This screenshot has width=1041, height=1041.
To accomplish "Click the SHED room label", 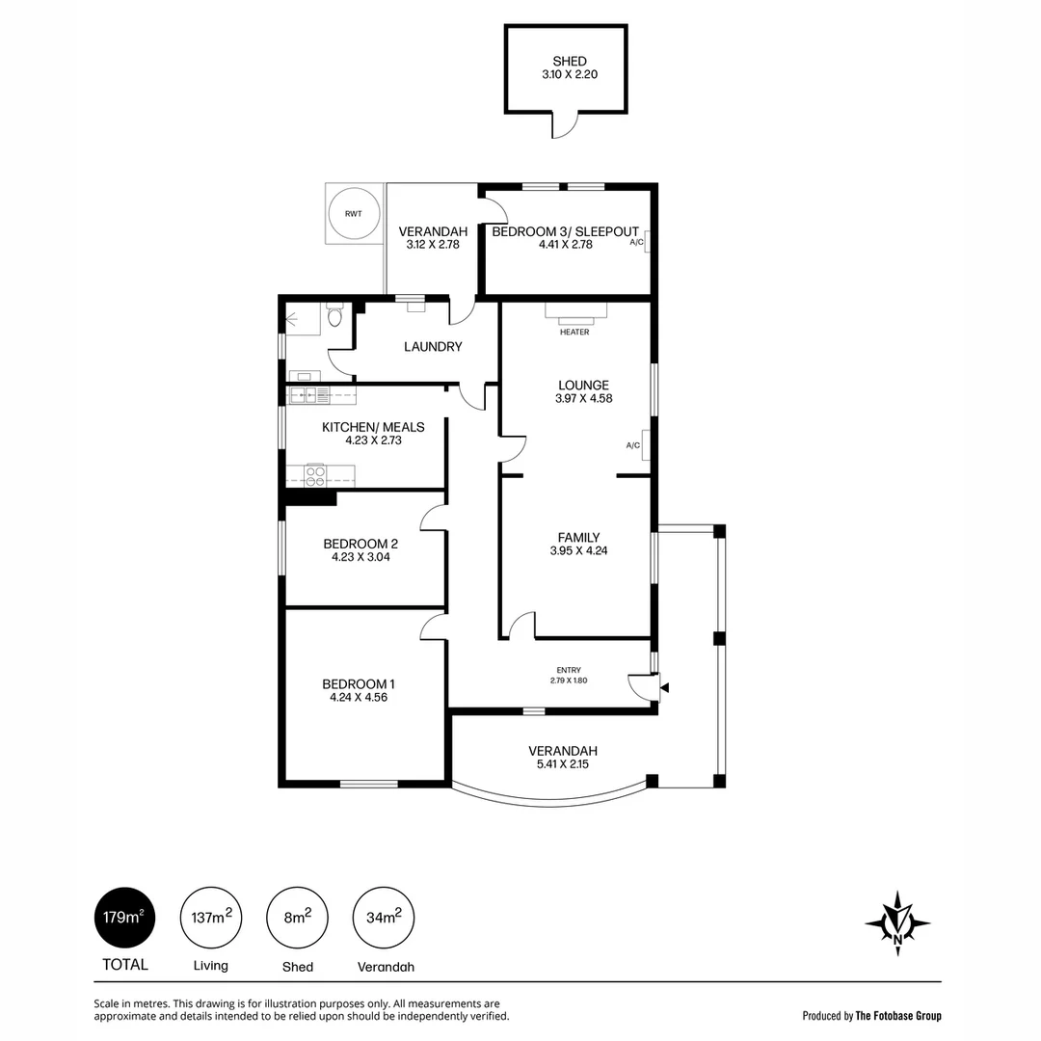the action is [570, 61].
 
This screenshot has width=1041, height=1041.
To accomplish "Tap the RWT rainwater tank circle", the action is [355, 214].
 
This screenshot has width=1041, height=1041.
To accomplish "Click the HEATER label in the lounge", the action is [574, 332].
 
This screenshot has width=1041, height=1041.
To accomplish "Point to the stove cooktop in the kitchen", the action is [315, 474].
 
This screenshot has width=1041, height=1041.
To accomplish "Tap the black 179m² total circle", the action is [124, 918].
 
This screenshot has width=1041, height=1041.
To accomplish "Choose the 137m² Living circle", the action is [211, 918].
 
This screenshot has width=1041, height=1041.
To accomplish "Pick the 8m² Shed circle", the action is [298, 918].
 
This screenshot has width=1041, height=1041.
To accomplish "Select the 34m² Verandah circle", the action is [384, 918].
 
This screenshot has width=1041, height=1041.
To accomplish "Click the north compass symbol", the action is [897, 922].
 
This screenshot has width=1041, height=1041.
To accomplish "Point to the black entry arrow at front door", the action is [664, 688].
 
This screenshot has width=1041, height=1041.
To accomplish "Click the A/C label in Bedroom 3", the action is [637, 242].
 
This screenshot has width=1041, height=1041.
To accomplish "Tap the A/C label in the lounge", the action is [632, 445].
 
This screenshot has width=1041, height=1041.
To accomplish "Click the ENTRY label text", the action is [569, 671].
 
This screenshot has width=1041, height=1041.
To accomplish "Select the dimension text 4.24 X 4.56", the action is [359, 697].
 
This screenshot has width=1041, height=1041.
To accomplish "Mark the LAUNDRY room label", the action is [433, 347].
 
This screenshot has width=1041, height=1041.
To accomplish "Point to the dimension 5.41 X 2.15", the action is [563, 764].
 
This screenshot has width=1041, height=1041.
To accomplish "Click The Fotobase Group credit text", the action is [898, 1016].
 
